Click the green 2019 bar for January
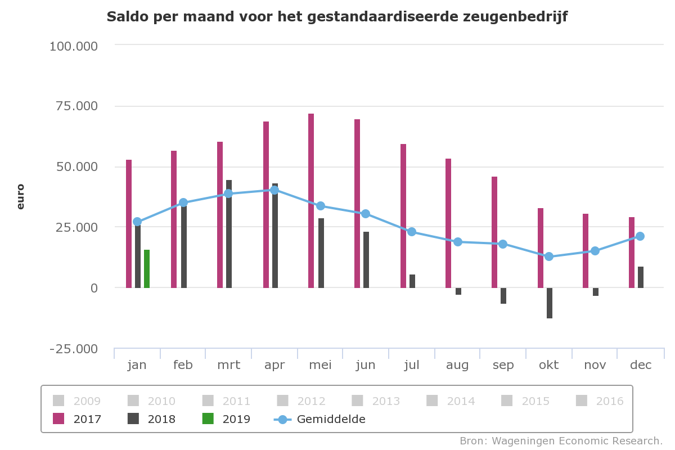(147, 269)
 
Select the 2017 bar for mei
(311, 201)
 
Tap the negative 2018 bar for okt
(550, 303)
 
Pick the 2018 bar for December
(641, 277)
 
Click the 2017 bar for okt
(541, 248)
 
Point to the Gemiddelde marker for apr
(274, 190)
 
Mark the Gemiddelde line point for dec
(640, 236)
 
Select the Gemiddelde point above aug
(458, 242)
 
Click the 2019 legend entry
(227, 419)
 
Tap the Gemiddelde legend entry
(321, 419)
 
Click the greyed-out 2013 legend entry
(376, 401)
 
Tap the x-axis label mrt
(228, 365)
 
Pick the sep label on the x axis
(503, 365)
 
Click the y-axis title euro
(21, 196)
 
